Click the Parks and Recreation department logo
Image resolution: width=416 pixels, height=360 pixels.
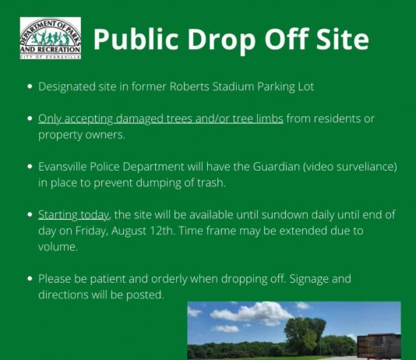coord(51,38)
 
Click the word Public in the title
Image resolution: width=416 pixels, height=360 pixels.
coord(136,39)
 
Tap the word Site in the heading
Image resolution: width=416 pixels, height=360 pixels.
coord(343,38)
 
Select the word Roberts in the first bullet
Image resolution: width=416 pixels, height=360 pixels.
coord(189,86)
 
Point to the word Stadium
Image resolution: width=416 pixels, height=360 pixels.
coord(234,86)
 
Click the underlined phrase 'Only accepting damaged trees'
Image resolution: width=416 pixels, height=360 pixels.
coord(115,119)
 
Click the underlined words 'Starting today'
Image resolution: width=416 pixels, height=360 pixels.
coord(73,215)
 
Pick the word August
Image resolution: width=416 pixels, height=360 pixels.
coord(129,231)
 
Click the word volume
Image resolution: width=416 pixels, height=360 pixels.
coord(58,247)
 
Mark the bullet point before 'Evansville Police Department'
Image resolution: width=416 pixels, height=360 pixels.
coord(30,167)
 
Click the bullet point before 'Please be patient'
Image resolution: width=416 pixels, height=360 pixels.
coord(30,278)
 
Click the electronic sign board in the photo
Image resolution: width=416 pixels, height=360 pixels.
coord(379,346)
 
